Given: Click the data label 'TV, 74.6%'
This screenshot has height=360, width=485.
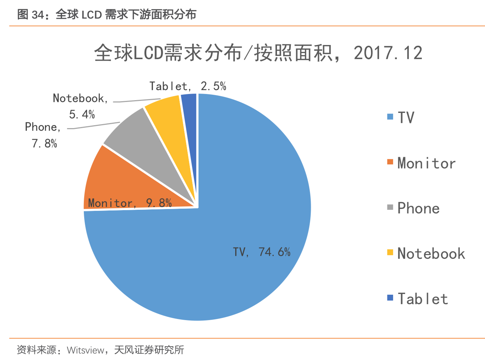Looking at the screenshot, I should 261,252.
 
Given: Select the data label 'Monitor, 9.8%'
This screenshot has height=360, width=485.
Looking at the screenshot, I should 130,203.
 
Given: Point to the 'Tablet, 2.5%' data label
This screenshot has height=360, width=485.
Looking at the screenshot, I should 188,86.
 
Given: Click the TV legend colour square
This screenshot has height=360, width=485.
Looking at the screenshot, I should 390,116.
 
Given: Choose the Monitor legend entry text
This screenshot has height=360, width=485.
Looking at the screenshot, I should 426,163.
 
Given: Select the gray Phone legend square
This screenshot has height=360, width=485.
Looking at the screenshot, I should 390,207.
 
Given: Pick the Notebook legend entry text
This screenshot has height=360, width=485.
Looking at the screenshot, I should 431,253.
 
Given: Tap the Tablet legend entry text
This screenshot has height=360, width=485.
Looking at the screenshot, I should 423,299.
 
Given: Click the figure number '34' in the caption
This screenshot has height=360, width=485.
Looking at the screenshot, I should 38,15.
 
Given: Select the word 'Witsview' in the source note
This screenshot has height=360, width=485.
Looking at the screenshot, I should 86,350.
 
